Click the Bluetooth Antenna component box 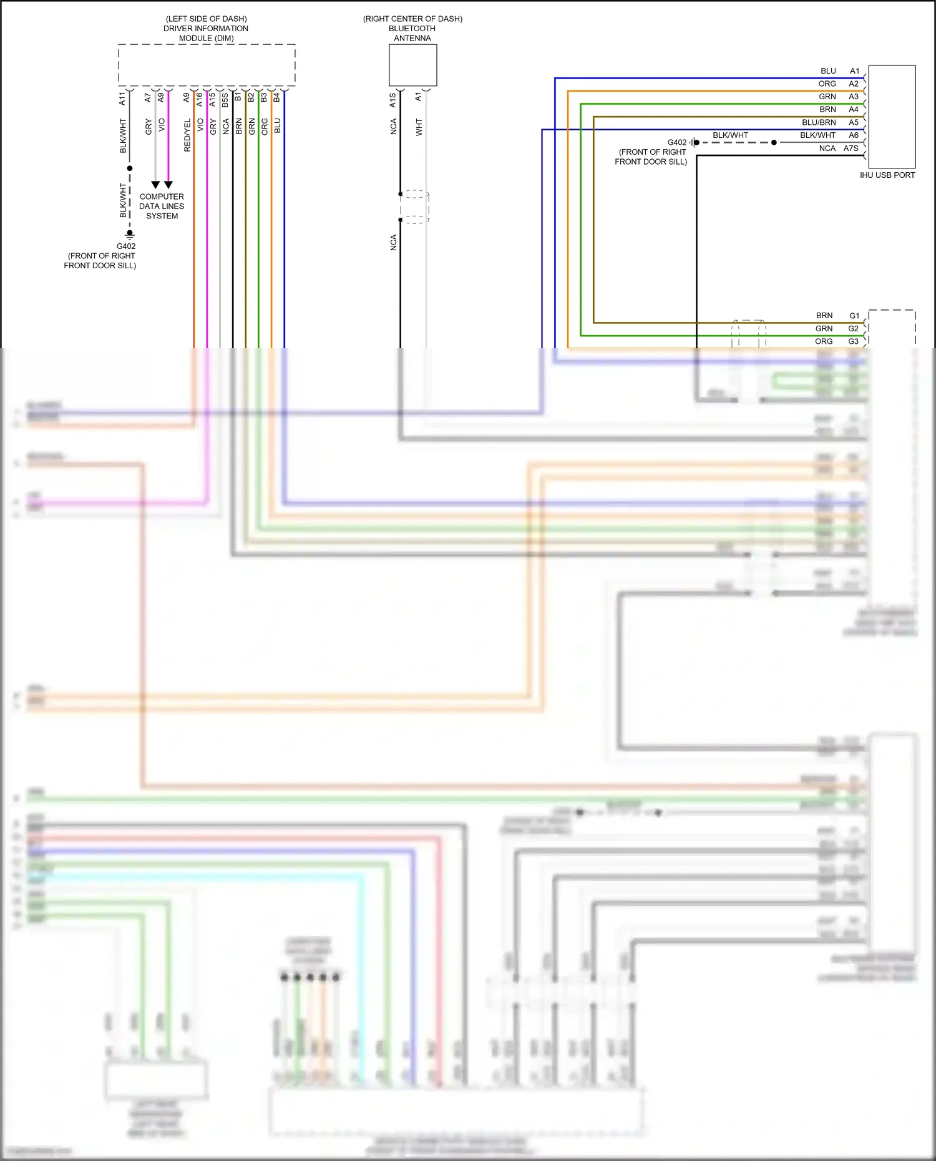pos(412,66)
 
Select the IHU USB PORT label pos(887,175)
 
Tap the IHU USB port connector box pos(892,116)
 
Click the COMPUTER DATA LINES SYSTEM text pos(162,206)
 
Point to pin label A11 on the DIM pos(122,99)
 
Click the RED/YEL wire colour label pos(187,135)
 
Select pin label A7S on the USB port pos(851,148)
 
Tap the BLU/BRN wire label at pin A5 pos(819,122)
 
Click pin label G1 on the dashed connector pos(854,316)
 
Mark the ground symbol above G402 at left pos(130,236)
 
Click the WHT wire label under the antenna pos(419,127)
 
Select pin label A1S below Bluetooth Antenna pos(393,100)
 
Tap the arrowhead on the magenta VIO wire pos(168,185)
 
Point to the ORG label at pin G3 pos(824,341)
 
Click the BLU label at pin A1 pos(828,71)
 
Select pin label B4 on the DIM pos(277,97)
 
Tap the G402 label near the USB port pos(676,142)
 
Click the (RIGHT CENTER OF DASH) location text pos(412,19)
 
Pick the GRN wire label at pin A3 pos(827,97)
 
